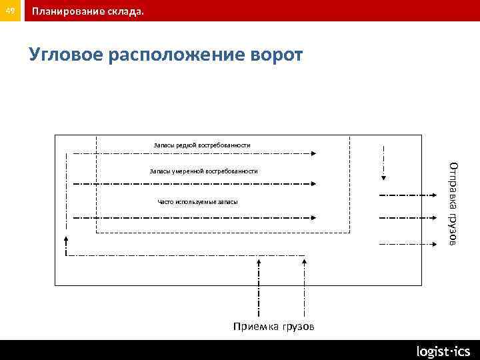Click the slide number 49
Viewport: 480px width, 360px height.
11,10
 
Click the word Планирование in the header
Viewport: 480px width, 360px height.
66,11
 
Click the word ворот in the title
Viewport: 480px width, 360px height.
275,55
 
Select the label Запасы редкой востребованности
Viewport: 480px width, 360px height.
201,145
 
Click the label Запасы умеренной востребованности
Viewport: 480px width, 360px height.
203,171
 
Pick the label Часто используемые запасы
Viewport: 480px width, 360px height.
197,201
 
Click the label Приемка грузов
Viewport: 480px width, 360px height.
273,327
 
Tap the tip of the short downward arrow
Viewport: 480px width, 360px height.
384,177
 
